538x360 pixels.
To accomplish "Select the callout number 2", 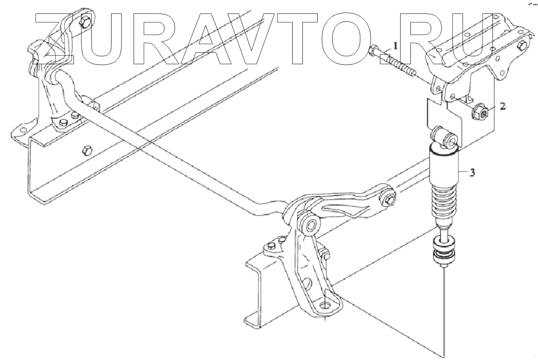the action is [x=502, y=106].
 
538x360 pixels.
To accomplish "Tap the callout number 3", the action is [x=471, y=174].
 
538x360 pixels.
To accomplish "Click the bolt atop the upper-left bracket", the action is [x=86, y=22].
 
